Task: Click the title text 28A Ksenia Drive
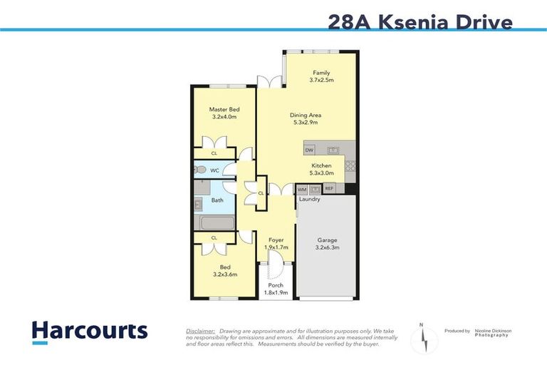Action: coord(420,21)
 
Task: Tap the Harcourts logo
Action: coord(89,331)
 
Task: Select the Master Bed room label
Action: coord(223,109)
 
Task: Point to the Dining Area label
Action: coord(305,115)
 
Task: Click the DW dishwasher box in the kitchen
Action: coord(310,150)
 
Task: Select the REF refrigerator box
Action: coord(329,189)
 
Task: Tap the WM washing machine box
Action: coord(301,190)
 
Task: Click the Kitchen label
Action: coord(321,165)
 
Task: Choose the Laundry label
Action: coord(309,200)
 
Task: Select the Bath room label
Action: coord(217,200)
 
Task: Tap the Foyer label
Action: coord(275,240)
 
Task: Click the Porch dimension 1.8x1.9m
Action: coord(274,292)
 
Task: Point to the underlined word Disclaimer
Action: coord(201,331)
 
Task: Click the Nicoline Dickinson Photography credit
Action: coord(488,333)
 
